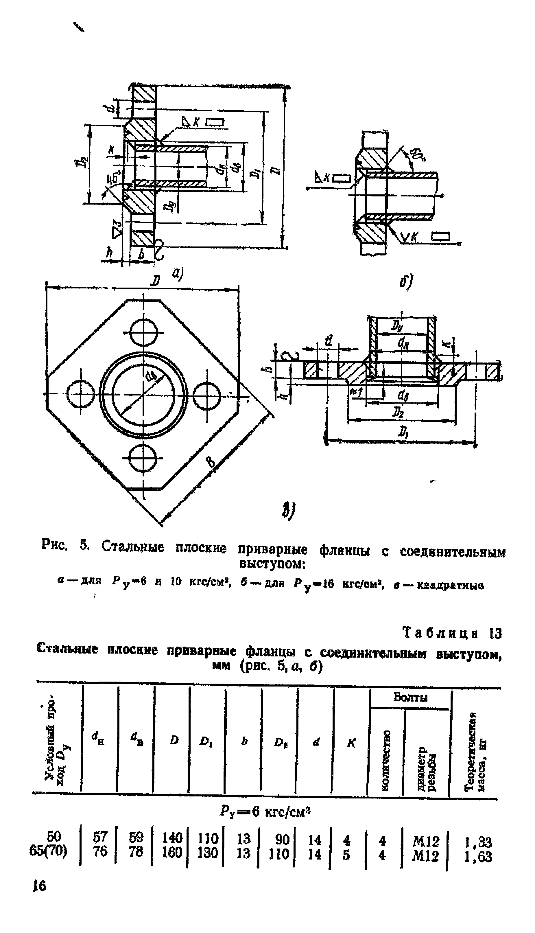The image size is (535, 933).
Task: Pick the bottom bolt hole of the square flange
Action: pos(144,458)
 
